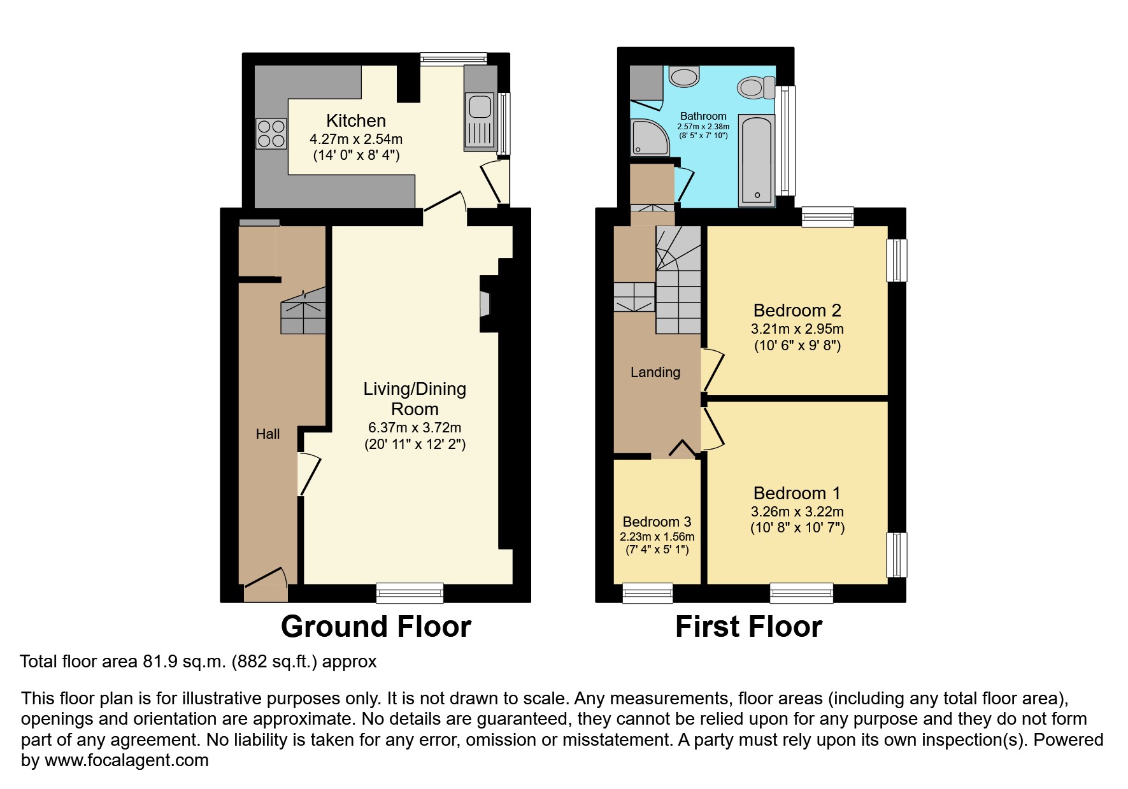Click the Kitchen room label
pos(356,121)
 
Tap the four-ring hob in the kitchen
pos(271,134)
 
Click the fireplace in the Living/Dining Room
pos(485,304)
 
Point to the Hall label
pos(268,434)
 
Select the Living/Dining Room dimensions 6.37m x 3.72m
pos(415,428)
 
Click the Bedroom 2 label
pos(797,311)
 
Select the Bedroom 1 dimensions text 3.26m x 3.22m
pos(797,511)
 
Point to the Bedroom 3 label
pos(657,522)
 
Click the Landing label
pos(655,373)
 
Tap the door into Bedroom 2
pos(713,369)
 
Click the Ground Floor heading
pos(376,627)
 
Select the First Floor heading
pos(748,627)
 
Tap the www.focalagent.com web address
pos(126,760)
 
